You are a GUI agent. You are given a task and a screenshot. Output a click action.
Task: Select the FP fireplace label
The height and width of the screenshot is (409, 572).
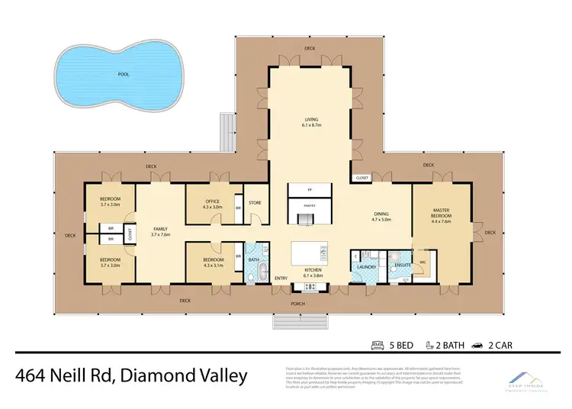pyautogui.click(x=310, y=188)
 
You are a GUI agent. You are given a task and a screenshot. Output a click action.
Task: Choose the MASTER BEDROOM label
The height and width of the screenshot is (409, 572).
pyautogui.click(x=442, y=213)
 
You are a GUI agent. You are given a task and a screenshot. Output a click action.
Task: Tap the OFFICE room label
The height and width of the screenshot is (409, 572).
pyautogui.click(x=212, y=204)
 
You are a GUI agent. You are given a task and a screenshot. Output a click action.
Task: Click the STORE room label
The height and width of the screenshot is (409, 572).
pyautogui.click(x=255, y=203)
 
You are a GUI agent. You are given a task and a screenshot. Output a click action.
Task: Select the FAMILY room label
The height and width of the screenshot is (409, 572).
pyautogui.click(x=160, y=232)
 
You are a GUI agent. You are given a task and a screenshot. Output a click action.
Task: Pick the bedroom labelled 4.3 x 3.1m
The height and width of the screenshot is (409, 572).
pyautogui.click(x=213, y=262)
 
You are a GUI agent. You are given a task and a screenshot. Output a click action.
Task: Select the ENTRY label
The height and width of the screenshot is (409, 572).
pyautogui.click(x=281, y=277)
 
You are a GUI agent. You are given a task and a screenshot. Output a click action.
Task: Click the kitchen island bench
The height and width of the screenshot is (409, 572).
pyautogui.click(x=311, y=252)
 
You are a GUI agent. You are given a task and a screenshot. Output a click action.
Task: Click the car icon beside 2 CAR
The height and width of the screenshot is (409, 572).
pyautogui.click(x=477, y=345)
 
